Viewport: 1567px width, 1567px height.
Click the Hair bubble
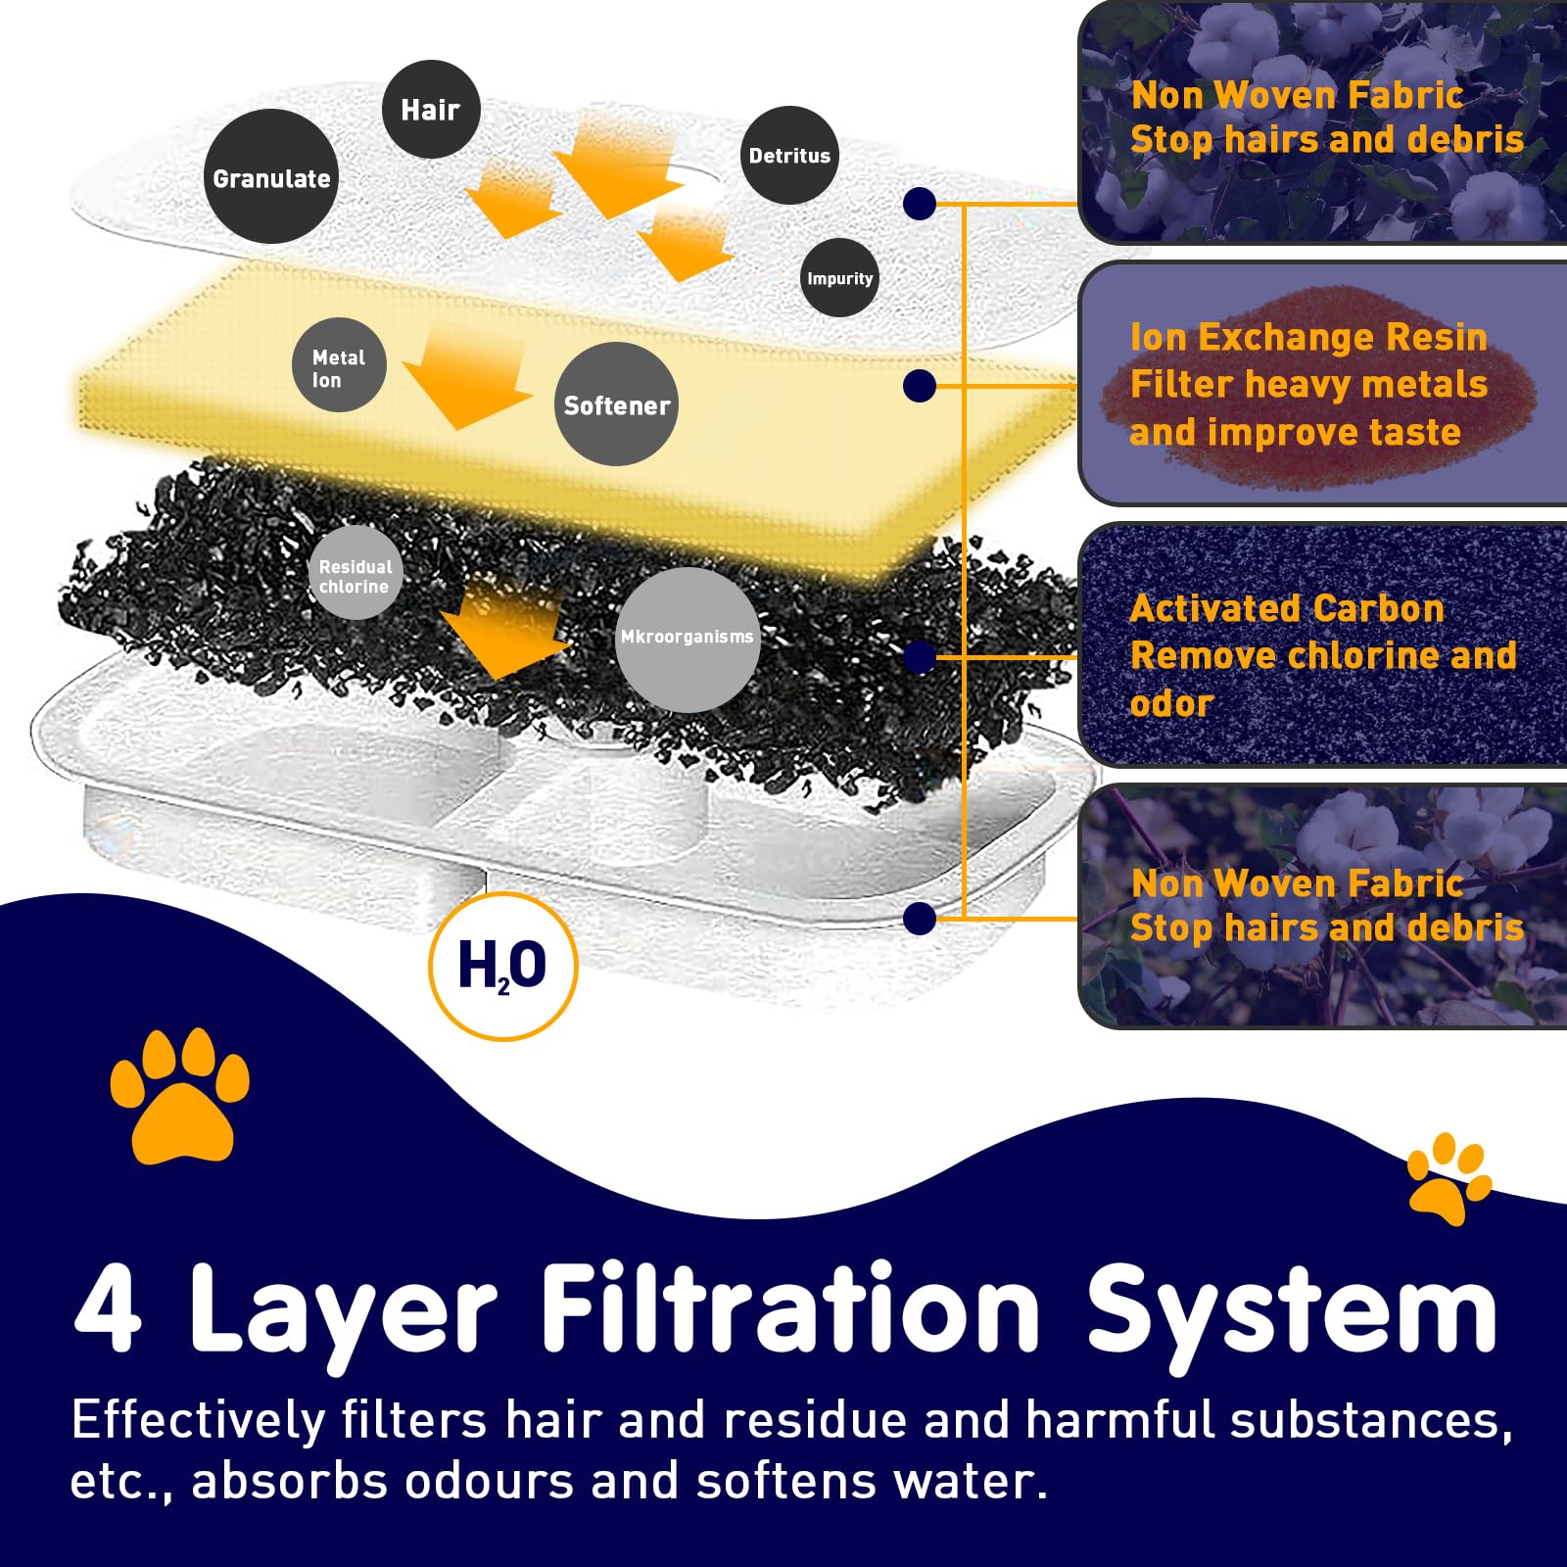tap(431, 110)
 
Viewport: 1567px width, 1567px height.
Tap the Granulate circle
tap(270, 177)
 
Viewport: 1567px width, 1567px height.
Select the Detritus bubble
tap(789, 156)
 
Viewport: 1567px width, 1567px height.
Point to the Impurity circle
tap(839, 278)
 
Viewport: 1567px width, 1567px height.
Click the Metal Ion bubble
tap(339, 365)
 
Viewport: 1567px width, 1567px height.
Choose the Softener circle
tap(616, 404)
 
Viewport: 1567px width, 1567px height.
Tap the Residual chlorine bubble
tap(355, 574)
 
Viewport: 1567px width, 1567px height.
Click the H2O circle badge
tap(503, 966)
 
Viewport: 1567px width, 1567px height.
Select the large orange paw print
tap(179, 1095)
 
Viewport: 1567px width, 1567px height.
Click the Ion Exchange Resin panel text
tap(1308, 384)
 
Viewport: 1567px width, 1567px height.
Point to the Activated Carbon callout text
tap(1322, 654)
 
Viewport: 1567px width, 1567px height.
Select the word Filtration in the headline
tap(789, 1308)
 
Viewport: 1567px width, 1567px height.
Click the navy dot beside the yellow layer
tap(919, 386)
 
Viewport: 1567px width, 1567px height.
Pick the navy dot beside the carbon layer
tap(919, 657)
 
